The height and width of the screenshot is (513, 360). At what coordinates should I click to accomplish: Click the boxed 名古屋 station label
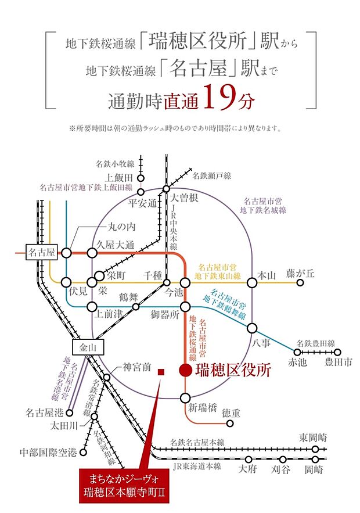42,252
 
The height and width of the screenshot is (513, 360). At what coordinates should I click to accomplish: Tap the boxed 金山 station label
88,347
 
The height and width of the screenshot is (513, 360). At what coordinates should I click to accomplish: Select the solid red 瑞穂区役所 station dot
185,369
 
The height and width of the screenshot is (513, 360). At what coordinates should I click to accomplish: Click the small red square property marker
160,372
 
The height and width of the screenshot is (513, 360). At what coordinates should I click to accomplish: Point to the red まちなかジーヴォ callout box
125,486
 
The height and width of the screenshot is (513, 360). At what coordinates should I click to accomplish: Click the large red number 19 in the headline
219,97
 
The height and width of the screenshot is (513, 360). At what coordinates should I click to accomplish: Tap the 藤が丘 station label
300,274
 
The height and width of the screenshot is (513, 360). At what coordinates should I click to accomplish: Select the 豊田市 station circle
338,352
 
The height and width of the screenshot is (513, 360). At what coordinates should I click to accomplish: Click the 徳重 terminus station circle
230,423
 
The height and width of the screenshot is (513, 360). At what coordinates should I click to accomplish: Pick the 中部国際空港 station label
48,453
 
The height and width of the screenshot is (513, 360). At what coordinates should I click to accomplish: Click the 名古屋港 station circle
69,413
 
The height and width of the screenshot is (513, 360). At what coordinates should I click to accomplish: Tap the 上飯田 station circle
141,178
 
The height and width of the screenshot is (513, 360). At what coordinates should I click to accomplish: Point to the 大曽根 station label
184,198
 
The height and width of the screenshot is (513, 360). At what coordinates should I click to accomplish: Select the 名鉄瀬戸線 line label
211,175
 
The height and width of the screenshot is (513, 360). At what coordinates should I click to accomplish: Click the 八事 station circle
252,328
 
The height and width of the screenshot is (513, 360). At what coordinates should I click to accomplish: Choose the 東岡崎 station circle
315,449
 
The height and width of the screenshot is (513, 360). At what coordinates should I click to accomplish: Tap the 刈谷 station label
281,470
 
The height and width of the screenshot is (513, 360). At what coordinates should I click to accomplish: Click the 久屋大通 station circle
92,253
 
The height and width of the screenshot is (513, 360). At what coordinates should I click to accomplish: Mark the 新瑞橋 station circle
185,398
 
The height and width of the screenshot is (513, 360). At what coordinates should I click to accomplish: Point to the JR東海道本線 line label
197,467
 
